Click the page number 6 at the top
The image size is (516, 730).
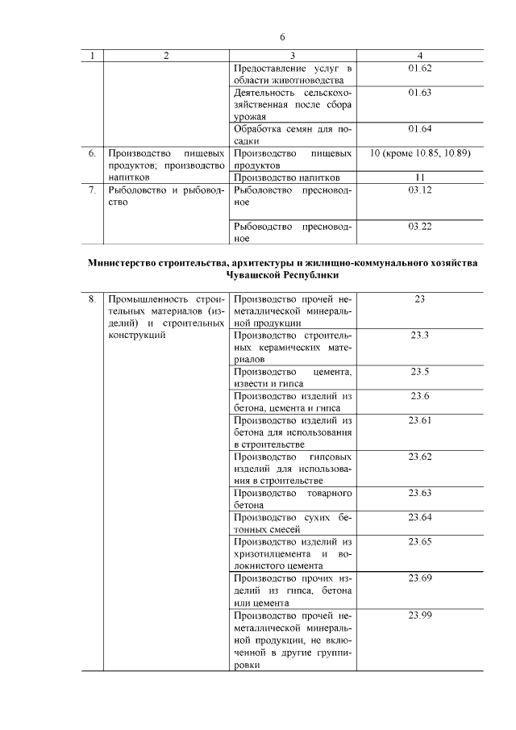pyautogui.click(x=282, y=37)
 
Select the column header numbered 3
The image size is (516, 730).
pyautogui.click(x=293, y=56)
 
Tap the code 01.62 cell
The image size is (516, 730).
pyautogui.click(x=420, y=68)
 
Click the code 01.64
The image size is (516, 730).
pyautogui.click(x=420, y=129)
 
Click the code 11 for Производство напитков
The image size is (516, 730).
pyautogui.click(x=420, y=177)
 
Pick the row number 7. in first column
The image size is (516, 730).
pyautogui.click(x=93, y=190)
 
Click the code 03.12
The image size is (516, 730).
pyautogui.click(x=420, y=190)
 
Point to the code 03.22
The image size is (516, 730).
pyautogui.click(x=420, y=227)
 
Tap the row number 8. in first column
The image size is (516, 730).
pyautogui.click(x=93, y=299)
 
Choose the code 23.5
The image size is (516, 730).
pyautogui.click(x=420, y=371)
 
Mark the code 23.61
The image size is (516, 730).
pyautogui.click(x=420, y=420)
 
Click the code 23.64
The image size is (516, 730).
pyautogui.click(x=420, y=517)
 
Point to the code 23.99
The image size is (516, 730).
pyautogui.click(x=420, y=615)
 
